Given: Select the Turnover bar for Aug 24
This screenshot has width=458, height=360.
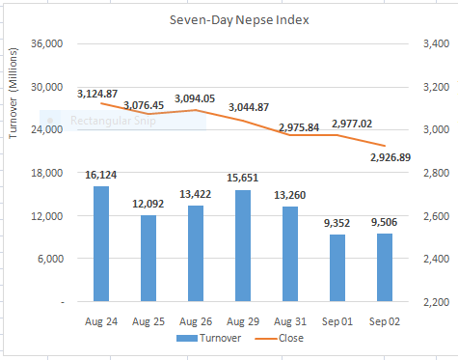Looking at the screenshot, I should [101, 244].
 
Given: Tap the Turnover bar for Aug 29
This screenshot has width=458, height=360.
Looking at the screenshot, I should [243, 246].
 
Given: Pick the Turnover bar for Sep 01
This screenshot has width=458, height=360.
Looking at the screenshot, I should [337, 268].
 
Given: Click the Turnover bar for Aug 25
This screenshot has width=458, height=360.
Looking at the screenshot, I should [148, 259].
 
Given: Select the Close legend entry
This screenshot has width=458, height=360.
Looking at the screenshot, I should [280, 339].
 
